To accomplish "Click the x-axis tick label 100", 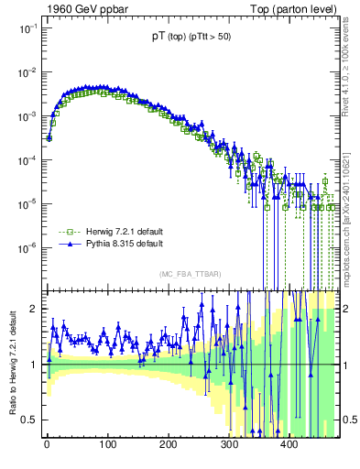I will click(x=107, y=445).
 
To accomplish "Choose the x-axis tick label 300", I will click(x=229, y=445).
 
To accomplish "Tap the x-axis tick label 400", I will click(x=289, y=445).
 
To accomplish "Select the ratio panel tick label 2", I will click(x=33, y=309).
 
